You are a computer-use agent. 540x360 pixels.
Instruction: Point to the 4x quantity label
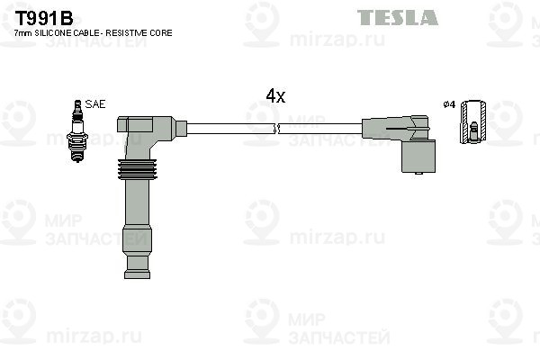[275, 96]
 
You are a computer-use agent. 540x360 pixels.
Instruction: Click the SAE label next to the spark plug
[95, 104]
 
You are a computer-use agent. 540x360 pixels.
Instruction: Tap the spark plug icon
[76, 130]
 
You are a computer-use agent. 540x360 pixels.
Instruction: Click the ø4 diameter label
[449, 104]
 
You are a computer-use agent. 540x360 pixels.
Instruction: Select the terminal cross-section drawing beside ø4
[474, 122]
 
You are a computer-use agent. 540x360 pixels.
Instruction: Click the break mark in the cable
[279, 130]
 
